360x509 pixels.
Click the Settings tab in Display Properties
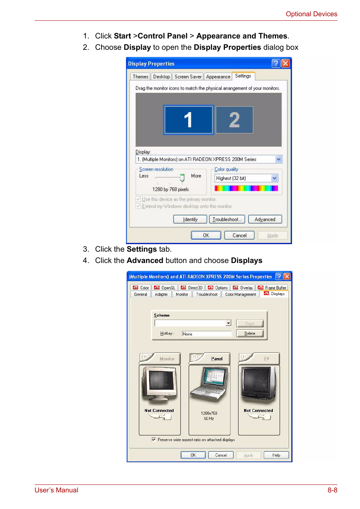tap(243, 76)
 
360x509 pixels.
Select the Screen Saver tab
tap(188, 77)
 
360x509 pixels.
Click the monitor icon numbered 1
tap(188, 120)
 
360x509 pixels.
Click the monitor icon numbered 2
tap(234, 120)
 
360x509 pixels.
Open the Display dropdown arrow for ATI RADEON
tap(278, 159)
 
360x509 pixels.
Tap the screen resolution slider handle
tap(182, 178)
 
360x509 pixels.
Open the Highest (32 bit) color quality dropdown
tap(274, 178)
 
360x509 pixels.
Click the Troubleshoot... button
tap(227, 219)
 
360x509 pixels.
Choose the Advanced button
tap(265, 219)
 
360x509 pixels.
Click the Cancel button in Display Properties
tap(239, 235)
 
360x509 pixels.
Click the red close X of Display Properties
tap(286, 63)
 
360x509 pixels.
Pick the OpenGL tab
tap(165, 288)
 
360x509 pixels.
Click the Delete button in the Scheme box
tap(249, 334)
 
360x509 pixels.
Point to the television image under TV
tap(259, 383)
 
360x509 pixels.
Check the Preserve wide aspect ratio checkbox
tap(154, 440)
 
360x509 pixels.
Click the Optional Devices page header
tap(311, 14)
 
